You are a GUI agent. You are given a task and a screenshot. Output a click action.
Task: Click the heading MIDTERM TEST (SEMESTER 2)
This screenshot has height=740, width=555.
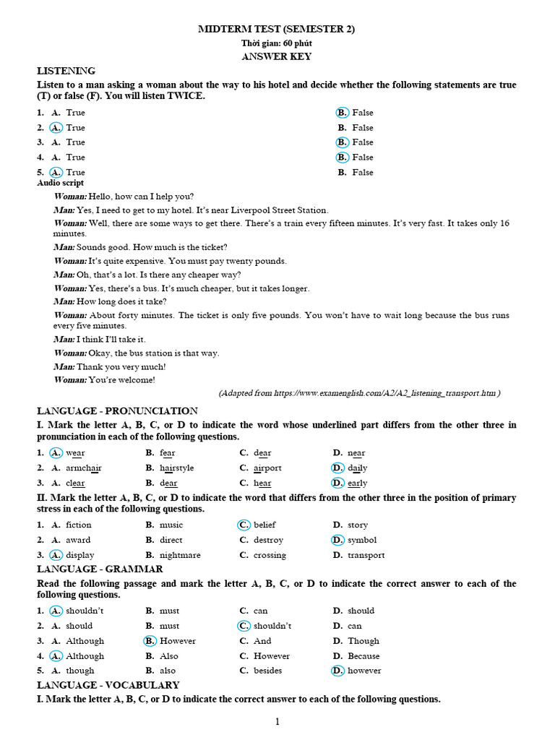coord(277,29)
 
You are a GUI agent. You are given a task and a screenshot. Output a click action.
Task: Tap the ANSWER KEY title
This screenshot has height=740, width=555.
coord(277,56)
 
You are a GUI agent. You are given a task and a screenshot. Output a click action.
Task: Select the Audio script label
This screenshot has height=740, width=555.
coord(61,183)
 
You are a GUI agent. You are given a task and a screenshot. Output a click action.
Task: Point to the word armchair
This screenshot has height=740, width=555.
coord(84,468)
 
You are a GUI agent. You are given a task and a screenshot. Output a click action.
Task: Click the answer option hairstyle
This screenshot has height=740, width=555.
coord(176,468)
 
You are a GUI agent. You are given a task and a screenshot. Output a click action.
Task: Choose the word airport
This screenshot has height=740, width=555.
coord(267,468)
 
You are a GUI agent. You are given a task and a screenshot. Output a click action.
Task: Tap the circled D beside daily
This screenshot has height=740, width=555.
coord(337,468)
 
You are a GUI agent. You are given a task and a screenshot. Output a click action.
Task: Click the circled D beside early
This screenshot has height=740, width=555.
coord(337,483)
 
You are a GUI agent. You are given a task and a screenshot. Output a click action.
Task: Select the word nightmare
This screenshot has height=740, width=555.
coord(180,555)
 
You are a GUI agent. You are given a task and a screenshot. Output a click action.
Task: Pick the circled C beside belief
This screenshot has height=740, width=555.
coord(244,525)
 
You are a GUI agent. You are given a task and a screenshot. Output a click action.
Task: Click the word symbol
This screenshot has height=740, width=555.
coord(362,540)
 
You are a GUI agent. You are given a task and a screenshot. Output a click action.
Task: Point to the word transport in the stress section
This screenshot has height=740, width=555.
coord(366,555)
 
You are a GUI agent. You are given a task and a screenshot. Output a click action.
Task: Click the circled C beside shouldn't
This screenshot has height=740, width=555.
coord(244,626)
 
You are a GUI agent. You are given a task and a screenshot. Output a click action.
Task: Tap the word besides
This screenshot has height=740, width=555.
coord(267,671)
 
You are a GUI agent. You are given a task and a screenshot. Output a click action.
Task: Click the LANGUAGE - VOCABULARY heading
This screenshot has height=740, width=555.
coord(108,685)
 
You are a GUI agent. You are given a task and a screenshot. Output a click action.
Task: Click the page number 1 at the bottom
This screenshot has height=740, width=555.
coord(277,721)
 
